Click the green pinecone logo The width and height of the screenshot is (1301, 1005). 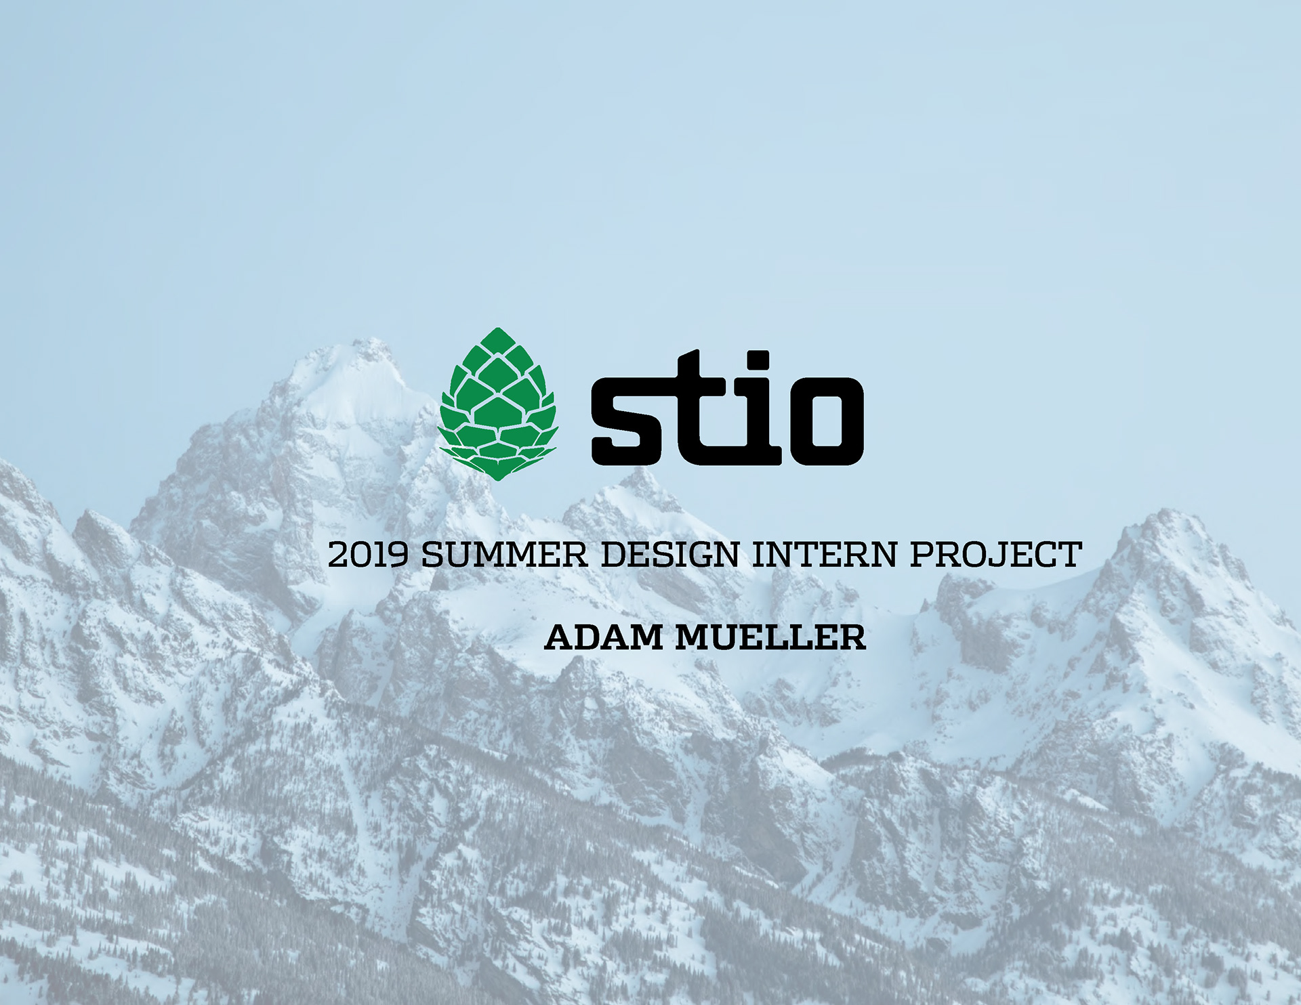tap(498, 404)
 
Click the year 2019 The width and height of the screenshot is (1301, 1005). tap(369, 555)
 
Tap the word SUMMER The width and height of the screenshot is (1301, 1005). tap(504, 555)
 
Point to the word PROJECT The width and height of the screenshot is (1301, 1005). tap(995, 555)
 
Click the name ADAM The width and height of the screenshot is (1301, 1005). tap(604, 638)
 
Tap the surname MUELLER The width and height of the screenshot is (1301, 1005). tap(771, 638)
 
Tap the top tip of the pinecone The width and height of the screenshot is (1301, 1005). tap(498, 329)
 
